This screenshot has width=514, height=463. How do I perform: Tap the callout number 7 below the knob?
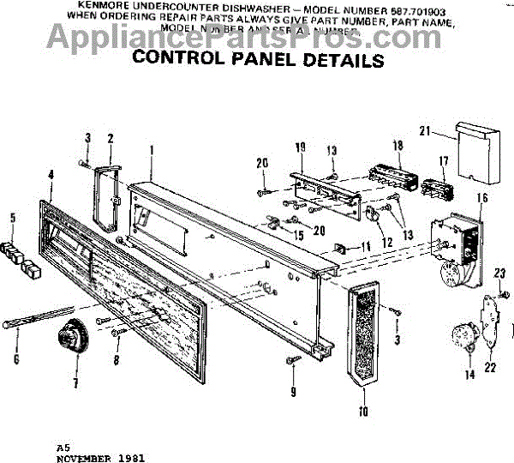click(x=75, y=382)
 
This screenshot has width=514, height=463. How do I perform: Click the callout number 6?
click(x=15, y=358)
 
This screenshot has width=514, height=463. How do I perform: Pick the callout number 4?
click(x=51, y=175)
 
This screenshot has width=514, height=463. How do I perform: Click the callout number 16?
click(x=481, y=198)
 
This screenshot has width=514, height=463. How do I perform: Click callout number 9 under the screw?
click(x=292, y=392)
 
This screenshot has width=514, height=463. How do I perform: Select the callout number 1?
click(x=151, y=149)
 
